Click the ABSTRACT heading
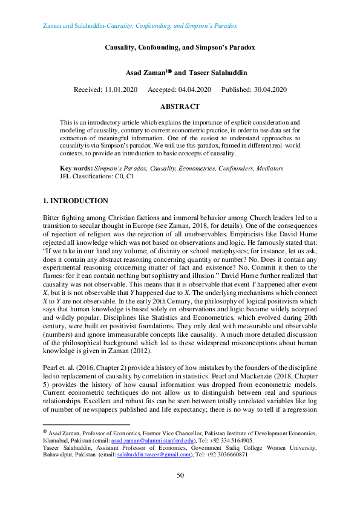pyautogui.click(x=180, y=106)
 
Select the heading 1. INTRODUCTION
pyautogui.click(x=76, y=201)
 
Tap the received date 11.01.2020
pyautogui.click(x=122, y=89)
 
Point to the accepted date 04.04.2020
pyautogui.click(x=194, y=89)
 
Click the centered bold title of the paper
pyautogui.click(x=180, y=46)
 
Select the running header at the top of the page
pyautogui.click(x=140, y=27)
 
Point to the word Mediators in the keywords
pyautogui.click(x=267, y=168)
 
